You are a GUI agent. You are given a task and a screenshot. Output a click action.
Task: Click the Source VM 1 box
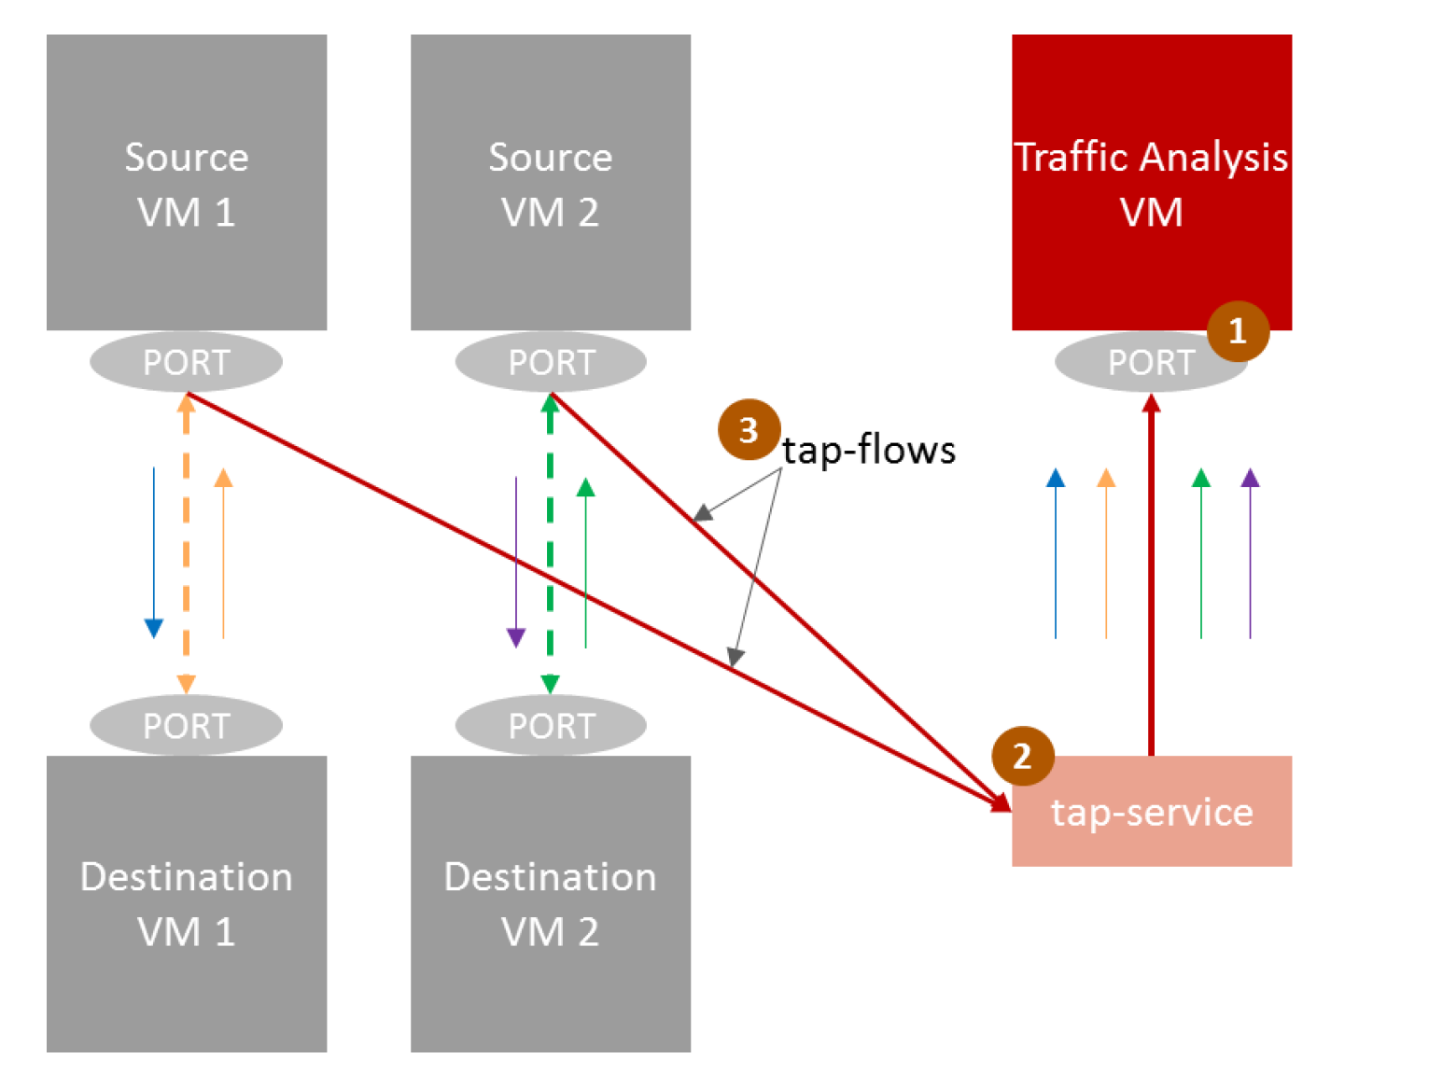coord(187,182)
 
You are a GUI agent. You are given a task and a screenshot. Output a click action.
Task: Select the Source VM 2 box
coord(551,182)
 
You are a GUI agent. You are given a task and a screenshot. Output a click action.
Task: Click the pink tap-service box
coord(1151,812)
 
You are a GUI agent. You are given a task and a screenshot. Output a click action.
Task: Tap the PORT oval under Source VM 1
coord(186,361)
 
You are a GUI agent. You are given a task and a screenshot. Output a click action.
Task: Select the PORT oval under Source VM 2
coord(551,361)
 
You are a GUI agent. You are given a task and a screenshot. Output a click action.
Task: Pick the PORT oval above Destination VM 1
coord(186,725)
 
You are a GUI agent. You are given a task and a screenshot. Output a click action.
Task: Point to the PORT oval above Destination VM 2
coord(551,725)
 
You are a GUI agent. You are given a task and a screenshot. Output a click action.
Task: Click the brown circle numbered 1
coord(1238,330)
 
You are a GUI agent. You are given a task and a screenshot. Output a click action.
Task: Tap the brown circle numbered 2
coord(1022,756)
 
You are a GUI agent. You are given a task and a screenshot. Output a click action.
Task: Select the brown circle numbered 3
coord(749,430)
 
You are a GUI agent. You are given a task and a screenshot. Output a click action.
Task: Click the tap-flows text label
coord(868,450)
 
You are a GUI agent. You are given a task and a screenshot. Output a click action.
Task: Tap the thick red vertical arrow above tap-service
coord(1151,578)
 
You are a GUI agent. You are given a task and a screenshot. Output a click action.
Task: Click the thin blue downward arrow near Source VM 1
coord(154,550)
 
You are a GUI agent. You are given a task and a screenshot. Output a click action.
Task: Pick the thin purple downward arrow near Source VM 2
coord(515,560)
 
